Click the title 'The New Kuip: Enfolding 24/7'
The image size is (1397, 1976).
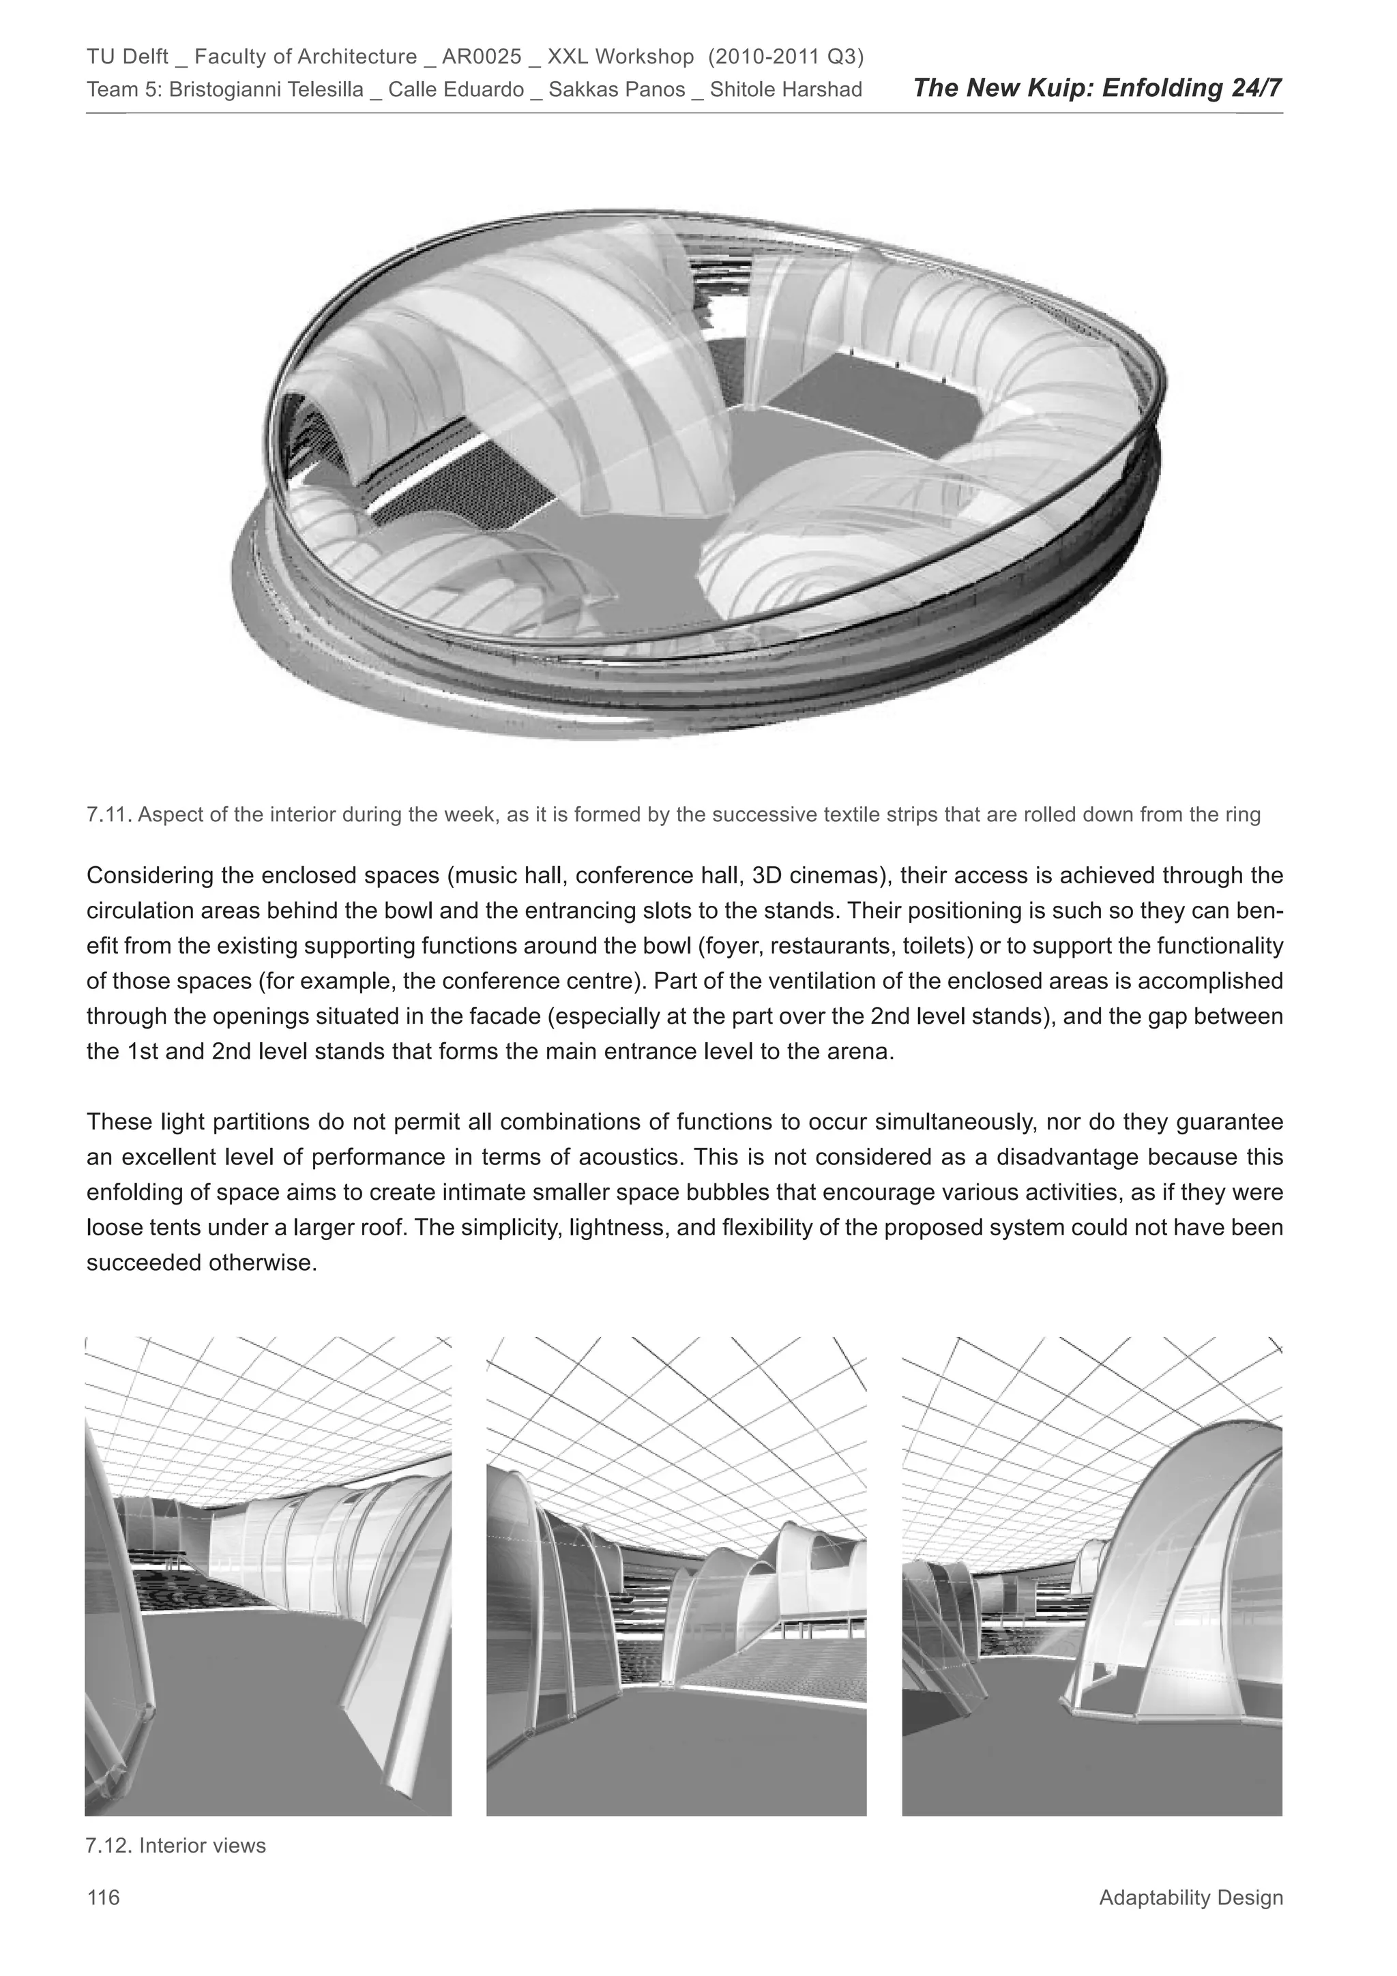(x=1098, y=88)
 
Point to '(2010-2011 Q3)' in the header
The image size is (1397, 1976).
(x=786, y=57)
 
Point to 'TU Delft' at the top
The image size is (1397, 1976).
(x=128, y=57)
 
